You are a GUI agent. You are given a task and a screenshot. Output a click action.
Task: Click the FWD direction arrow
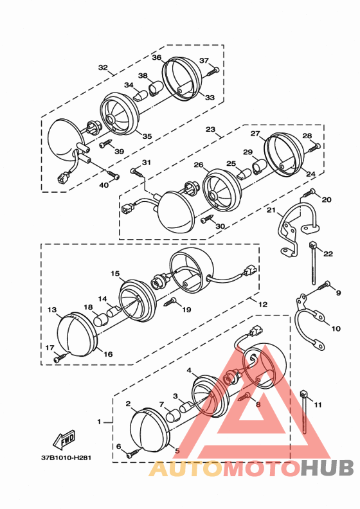click(64, 439)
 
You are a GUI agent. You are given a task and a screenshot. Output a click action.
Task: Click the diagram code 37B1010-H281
click(66, 458)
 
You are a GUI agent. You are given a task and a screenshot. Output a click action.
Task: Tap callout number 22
click(328, 253)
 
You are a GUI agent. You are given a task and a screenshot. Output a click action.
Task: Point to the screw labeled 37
click(213, 71)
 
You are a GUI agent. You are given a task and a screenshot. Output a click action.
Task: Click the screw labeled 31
click(137, 172)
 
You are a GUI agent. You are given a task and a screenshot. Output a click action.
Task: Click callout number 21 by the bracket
click(271, 210)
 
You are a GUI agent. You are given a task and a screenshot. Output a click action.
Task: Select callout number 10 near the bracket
click(336, 328)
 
